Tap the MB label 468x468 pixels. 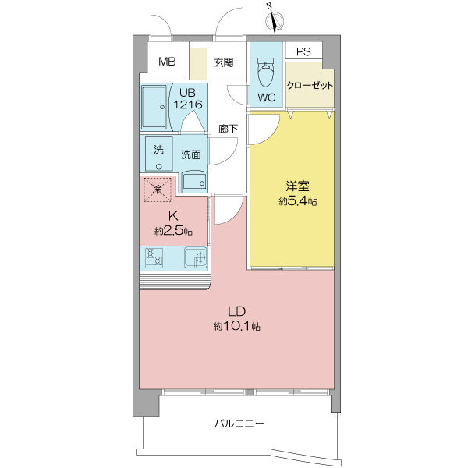(x=167, y=62)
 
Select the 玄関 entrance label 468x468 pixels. (x=224, y=62)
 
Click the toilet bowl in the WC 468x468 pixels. (x=265, y=73)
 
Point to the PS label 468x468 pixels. (x=303, y=51)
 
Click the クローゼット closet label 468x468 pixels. (x=310, y=86)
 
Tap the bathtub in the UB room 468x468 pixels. (x=154, y=107)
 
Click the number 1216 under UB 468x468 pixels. (x=188, y=105)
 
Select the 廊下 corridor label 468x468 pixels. (x=228, y=129)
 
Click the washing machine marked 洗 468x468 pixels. (x=159, y=154)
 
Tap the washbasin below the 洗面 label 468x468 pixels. (x=194, y=181)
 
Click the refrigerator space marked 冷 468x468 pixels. (x=158, y=190)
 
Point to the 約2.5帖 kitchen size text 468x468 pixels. (x=173, y=231)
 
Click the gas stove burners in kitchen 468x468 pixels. (x=154, y=257)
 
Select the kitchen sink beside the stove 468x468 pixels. (x=196, y=257)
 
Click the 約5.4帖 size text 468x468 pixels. (x=298, y=201)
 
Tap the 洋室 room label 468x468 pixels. (x=297, y=186)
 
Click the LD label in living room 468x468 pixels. (x=236, y=311)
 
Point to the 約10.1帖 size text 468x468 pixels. (x=236, y=326)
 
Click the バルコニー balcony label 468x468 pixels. (x=239, y=424)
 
